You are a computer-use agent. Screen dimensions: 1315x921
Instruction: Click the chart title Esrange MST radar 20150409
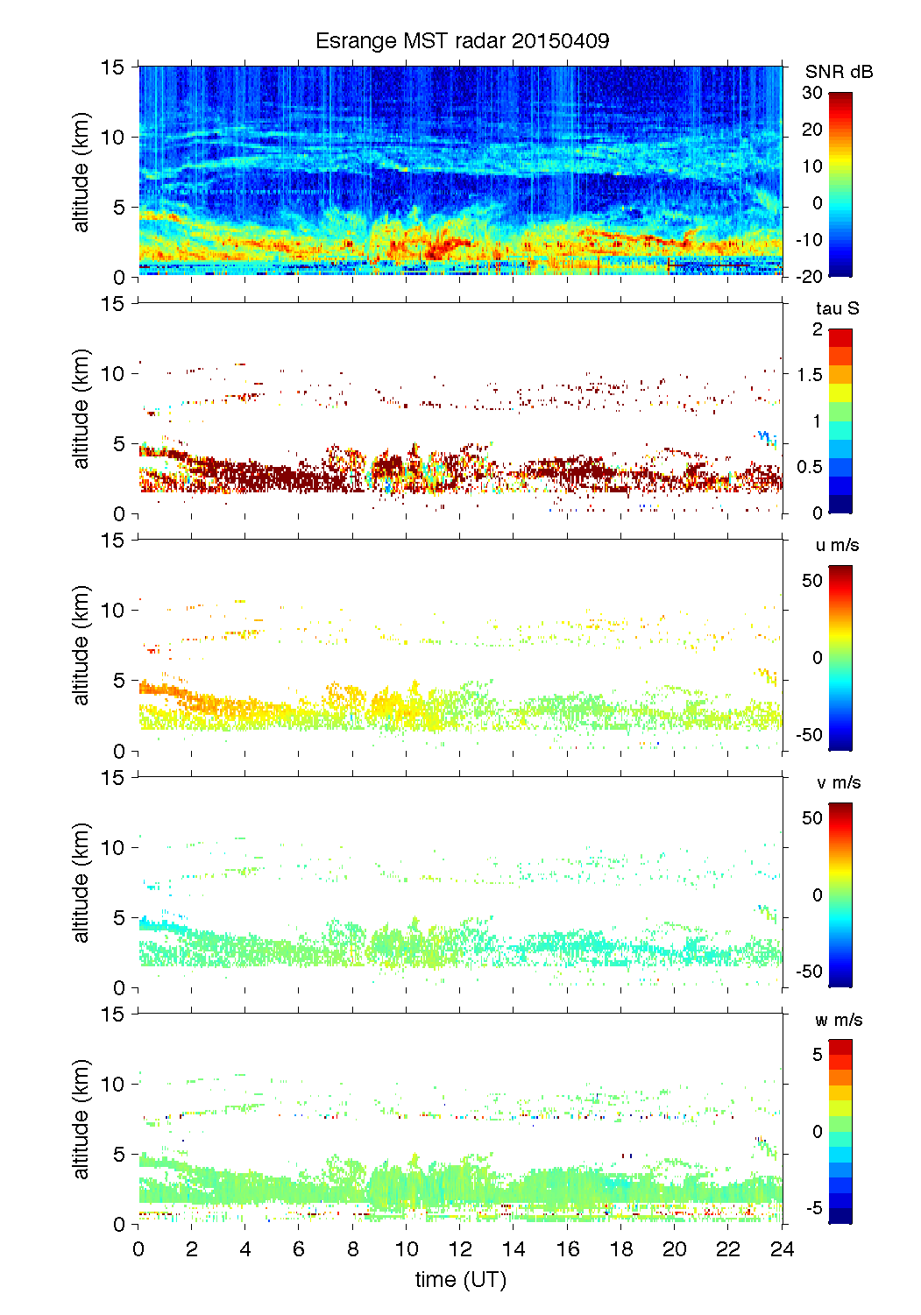[462, 41]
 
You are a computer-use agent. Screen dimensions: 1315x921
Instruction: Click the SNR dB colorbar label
[839, 72]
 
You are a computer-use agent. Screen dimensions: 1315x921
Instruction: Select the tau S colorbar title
[837, 308]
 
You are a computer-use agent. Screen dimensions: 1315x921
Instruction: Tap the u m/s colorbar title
[837, 545]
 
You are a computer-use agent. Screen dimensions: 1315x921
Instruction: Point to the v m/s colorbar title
[838, 782]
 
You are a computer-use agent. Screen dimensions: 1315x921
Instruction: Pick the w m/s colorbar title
[838, 1020]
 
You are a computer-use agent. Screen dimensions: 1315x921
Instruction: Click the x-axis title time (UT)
[461, 1279]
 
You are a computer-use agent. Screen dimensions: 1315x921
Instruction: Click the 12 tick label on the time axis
[460, 1249]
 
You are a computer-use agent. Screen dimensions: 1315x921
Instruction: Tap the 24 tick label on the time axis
[782, 1249]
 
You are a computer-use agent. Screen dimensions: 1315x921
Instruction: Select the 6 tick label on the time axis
[299, 1249]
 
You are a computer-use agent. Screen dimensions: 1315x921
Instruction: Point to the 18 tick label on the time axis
[620, 1249]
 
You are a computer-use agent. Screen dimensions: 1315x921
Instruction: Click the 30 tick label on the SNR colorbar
[812, 93]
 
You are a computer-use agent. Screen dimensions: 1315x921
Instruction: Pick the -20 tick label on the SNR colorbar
[810, 276]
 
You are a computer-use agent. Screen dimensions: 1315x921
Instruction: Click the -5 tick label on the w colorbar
[812, 1208]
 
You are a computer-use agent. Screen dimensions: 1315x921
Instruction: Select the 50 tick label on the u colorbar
[812, 581]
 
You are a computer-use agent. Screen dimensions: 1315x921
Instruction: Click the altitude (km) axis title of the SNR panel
[81, 172]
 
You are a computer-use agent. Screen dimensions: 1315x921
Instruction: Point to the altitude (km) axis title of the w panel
[81, 1119]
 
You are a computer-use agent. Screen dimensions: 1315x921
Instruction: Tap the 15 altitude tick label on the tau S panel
[114, 304]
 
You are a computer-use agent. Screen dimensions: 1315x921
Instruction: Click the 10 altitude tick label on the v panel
[114, 847]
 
